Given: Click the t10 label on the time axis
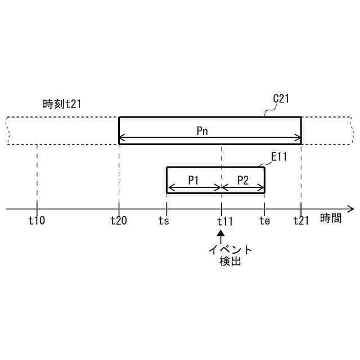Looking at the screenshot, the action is point(37,220).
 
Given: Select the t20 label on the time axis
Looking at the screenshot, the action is point(119,220).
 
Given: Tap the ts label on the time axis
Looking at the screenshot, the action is point(164,220).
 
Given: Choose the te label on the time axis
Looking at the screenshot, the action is point(264,220).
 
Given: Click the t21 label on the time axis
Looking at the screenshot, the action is point(301,220).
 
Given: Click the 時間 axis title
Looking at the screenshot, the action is point(331,219).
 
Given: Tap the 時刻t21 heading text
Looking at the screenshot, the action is point(65,103).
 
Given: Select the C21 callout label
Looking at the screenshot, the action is point(281,99).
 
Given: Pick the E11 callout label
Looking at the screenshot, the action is point(279,157).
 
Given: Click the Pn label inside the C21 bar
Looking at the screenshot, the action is point(204,130).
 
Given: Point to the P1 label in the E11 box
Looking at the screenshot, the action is point(194,180).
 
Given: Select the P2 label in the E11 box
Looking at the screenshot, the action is point(243,180).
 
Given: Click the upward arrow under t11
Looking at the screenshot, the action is point(222,236).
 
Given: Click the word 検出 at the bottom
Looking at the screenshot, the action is point(230,262).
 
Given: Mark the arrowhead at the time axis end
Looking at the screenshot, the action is point(351,209).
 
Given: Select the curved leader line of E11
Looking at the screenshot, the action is point(267,164).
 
